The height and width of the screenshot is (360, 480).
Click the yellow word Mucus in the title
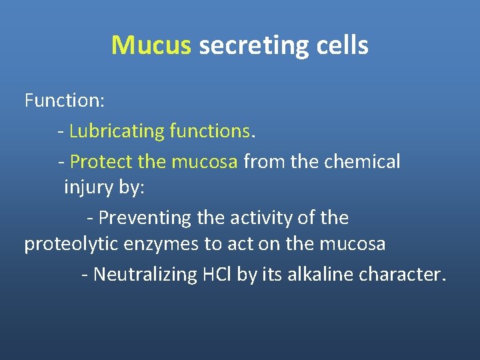(x=151, y=46)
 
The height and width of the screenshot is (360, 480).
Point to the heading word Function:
(x=64, y=101)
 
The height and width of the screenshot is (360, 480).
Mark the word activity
(x=255, y=218)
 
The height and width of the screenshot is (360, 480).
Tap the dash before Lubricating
(x=61, y=132)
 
